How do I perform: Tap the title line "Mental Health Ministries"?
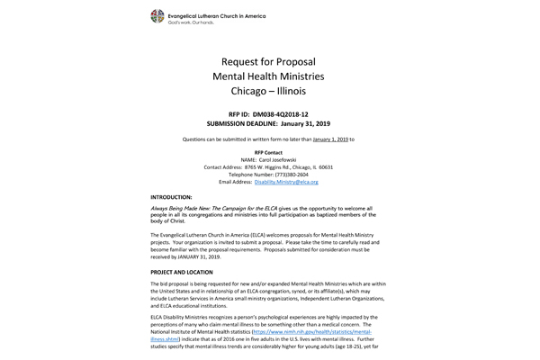click(268, 77)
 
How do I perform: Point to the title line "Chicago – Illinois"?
click(268, 94)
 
